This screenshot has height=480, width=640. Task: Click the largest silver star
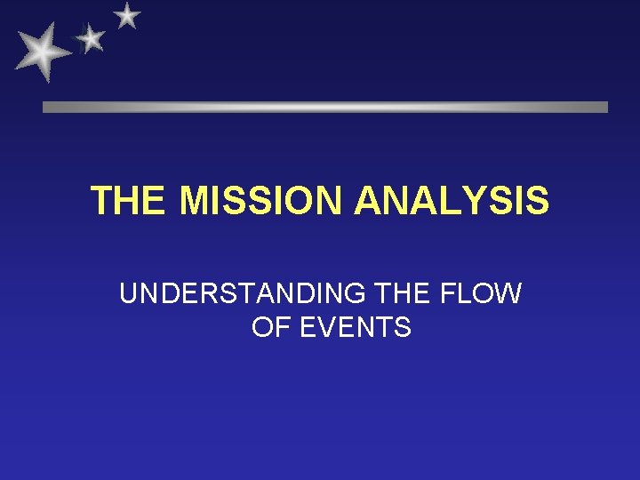[42, 52]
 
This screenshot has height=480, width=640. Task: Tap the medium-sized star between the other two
[90, 37]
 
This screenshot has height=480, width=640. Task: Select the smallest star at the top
[128, 15]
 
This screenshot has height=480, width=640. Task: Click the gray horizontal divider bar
[325, 107]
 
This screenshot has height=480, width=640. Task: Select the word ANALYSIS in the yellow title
[452, 201]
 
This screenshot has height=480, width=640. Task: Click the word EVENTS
[356, 328]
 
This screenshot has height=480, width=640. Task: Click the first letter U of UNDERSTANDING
[129, 294]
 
